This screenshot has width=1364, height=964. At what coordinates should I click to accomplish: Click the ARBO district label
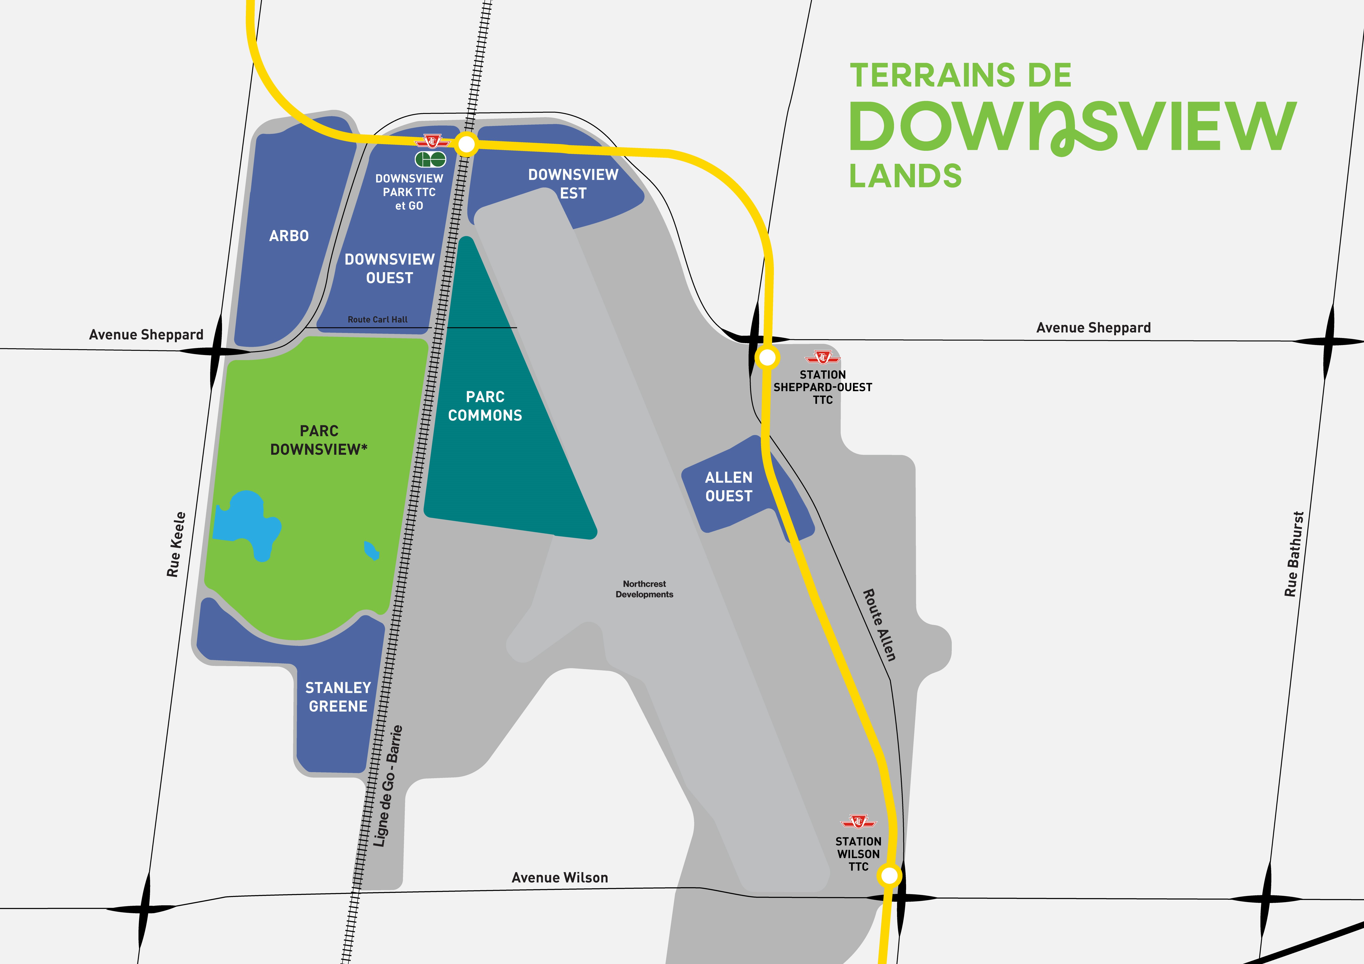click(289, 236)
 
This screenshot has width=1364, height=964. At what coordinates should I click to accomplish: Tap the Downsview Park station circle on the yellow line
click(466, 144)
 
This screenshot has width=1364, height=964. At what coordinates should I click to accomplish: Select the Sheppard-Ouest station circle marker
click(767, 357)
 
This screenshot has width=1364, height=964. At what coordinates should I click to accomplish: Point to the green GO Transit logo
click(430, 159)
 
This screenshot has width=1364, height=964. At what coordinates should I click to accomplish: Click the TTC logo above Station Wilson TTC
click(859, 822)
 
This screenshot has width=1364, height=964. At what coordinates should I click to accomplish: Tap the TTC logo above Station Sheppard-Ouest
click(823, 357)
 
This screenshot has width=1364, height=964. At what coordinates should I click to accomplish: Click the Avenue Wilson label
click(560, 878)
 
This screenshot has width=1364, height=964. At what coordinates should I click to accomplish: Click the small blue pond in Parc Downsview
click(371, 551)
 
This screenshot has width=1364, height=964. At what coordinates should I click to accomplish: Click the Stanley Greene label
click(338, 697)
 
